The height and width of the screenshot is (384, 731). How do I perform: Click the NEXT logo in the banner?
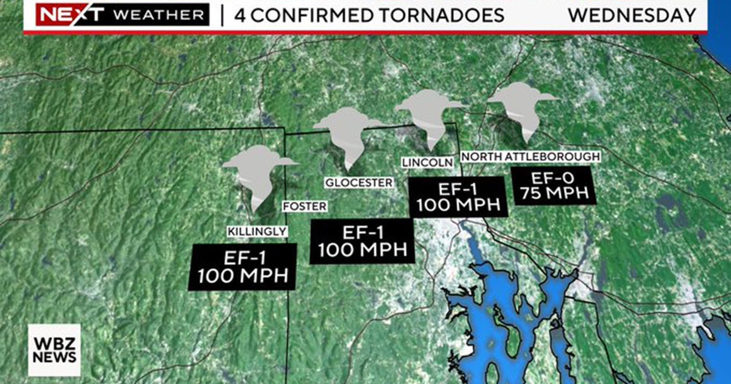[x=63, y=15]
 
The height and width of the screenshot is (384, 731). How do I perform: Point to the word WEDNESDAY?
[x=632, y=15]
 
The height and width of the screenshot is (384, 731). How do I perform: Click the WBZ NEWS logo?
[x=54, y=350]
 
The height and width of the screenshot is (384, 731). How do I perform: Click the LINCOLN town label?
[x=428, y=162]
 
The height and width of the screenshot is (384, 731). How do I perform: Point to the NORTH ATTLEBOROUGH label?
[x=531, y=157]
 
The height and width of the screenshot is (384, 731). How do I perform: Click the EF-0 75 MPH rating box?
[x=551, y=187]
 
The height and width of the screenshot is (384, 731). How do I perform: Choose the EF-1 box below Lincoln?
[x=458, y=196]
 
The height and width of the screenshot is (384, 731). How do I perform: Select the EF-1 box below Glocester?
[x=362, y=241]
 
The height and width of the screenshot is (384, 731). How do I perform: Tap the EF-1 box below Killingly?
[x=243, y=266]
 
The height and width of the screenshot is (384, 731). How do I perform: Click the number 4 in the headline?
[x=241, y=15]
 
